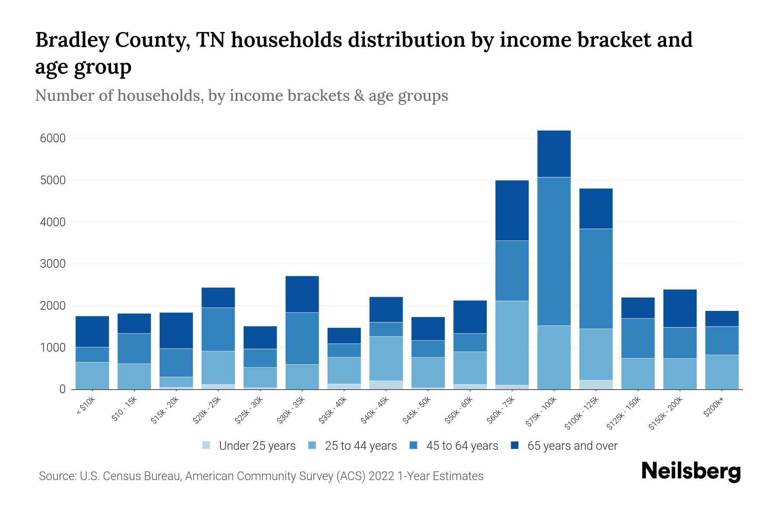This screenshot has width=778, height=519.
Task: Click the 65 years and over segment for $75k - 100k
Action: (x=554, y=154)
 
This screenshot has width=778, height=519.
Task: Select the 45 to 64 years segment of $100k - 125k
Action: (x=596, y=279)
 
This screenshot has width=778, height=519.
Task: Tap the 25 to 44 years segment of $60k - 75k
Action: (x=512, y=343)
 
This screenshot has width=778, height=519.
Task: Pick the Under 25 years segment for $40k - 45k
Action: (x=386, y=384)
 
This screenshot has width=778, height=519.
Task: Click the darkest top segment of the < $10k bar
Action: (x=92, y=331)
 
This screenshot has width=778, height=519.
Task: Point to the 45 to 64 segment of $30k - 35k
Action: (x=302, y=338)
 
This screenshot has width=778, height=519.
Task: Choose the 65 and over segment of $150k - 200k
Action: (x=679, y=308)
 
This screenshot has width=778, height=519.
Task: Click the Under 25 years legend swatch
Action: (x=207, y=445)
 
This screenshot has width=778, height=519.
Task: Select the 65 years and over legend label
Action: (x=572, y=446)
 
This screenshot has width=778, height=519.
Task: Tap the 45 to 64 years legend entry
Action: (x=462, y=446)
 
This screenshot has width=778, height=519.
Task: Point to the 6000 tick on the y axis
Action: (x=53, y=138)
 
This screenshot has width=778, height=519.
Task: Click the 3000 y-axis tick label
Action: (x=53, y=264)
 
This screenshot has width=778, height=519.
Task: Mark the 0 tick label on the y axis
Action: (x=62, y=389)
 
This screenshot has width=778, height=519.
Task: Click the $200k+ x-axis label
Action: (x=714, y=408)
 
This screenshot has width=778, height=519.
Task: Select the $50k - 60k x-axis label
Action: (x=459, y=410)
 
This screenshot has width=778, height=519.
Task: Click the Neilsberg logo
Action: (x=691, y=471)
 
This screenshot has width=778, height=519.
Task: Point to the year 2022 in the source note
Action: (x=381, y=476)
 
